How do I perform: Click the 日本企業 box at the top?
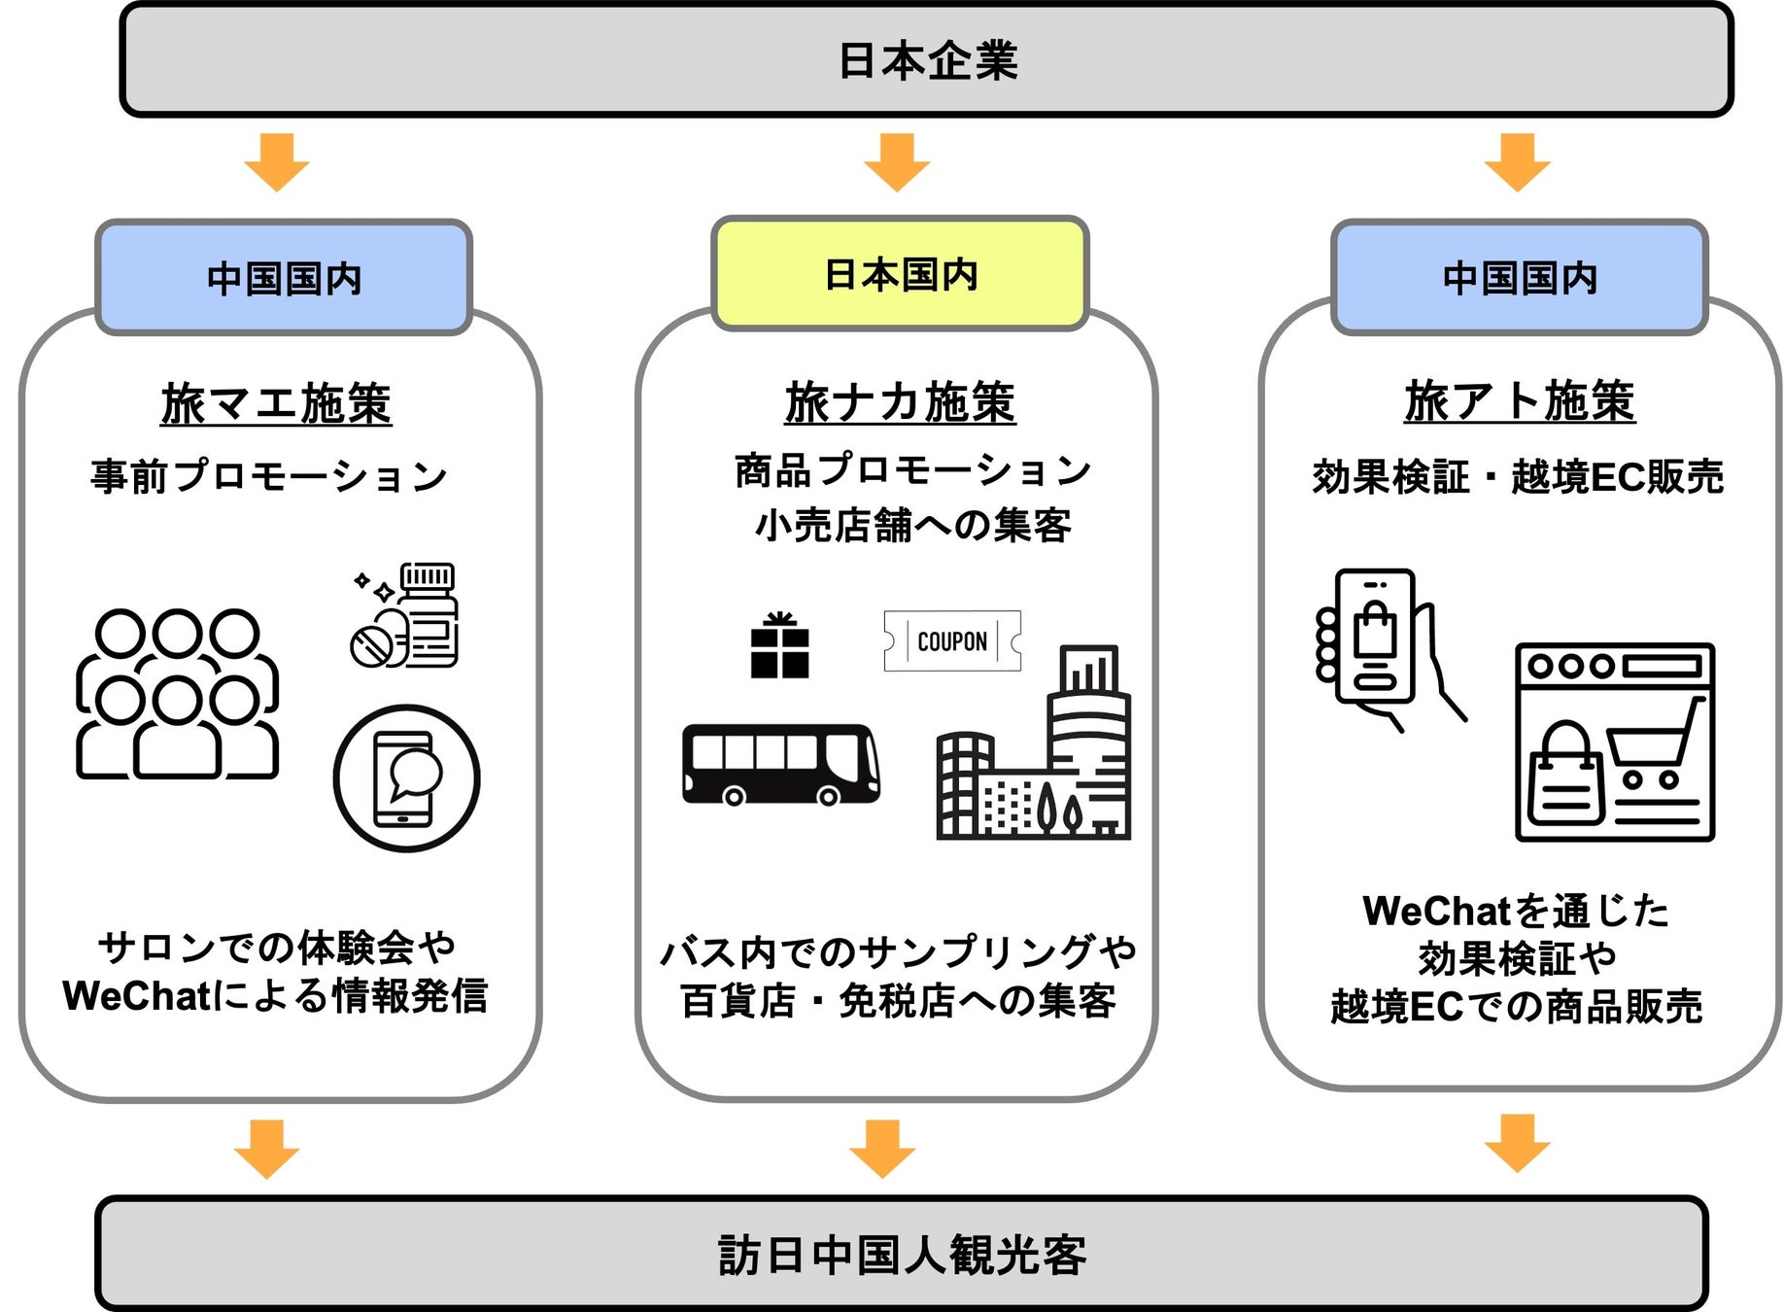point(926,59)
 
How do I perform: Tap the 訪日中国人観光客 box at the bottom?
point(901,1254)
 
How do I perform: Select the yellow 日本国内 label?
point(900,274)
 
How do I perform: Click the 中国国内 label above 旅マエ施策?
point(284,278)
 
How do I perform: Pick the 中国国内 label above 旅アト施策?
point(1520,278)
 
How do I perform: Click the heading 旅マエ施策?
point(276,403)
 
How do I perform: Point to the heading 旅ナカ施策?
point(900,402)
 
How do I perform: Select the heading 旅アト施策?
point(1520,400)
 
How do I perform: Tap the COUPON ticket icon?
point(952,640)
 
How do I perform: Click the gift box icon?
point(779,644)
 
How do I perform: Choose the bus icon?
point(780,765)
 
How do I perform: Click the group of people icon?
point(178,694)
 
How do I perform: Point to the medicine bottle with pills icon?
point(404,615)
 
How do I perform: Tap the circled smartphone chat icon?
point(406,778)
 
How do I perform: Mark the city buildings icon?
point(1033,742)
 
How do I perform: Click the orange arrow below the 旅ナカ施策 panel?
point(881,1148)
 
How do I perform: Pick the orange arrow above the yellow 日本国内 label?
point(897,162)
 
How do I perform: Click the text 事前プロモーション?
point(269,476)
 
